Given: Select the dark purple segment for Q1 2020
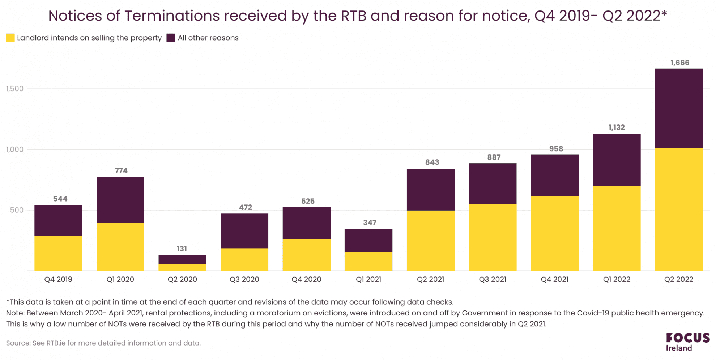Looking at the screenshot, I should pyautogui.click(x=120, y=200).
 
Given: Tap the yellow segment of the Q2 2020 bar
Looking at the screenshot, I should pyautogui.click(x=182, y=267).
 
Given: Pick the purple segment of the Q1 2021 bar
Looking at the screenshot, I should pyautogui.click(x=368, y=240).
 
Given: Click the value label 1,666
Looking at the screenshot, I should pyautogui.click(x=679, y=63).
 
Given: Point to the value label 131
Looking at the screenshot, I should pyautogui.click(x=182, y=249).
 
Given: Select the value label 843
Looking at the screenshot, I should pyautogui.click(x=432, y=162).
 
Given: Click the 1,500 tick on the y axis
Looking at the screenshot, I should pyautogui.click(x=14, y=89).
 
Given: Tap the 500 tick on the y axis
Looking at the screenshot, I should pyautogui.click(x=17, y=210).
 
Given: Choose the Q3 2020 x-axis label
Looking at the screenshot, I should pyautogui.click(x=244, y=279).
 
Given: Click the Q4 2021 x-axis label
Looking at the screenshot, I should pyautogui.click(x=554, y=279).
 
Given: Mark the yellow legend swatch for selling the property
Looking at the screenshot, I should pyautogui.click(x=10, y=38).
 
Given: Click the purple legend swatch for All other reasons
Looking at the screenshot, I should pyautogui.click(x=171, y=38).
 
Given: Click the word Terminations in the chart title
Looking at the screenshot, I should pyautogui.click(x=172, y=16).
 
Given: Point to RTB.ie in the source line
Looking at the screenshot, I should pyautogui.click(x=56, y=343).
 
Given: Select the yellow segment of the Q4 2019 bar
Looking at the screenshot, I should pyautogui.click(x=58, y=253).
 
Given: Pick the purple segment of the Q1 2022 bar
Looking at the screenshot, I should pyautogui.click(x=616, y=160).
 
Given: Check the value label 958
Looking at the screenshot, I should pyautogui.click(x=556, y=149).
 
